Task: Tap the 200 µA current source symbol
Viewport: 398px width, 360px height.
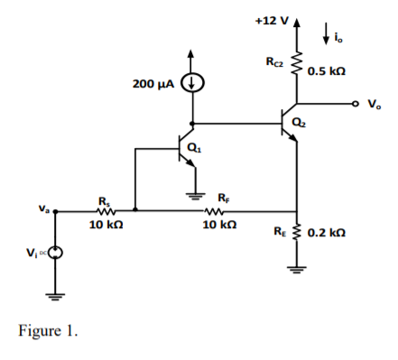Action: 191,84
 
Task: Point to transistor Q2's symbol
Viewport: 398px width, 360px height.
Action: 291,124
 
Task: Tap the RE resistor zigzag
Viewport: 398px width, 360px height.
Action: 295,233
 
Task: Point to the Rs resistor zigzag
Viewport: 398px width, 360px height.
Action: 100,212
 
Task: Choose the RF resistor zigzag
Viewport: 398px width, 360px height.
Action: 215,212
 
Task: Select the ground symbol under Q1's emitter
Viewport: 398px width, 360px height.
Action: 191,190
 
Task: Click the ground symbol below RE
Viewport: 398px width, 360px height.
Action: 295,267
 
